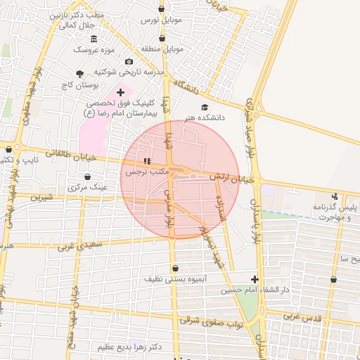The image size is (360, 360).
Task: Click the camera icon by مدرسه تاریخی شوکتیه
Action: click(129, 62)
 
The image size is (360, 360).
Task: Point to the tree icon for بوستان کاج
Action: click(79, 72)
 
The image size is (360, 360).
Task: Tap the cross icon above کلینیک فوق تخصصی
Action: click(120, 92)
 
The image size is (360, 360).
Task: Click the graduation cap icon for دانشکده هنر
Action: click(205, 108)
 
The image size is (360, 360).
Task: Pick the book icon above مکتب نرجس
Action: click(147, 162)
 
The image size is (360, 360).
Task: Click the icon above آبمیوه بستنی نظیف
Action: click(174, 268)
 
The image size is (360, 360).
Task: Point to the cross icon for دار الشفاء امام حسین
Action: click(255, 279)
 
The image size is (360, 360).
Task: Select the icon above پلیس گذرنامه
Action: click(335, 196)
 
